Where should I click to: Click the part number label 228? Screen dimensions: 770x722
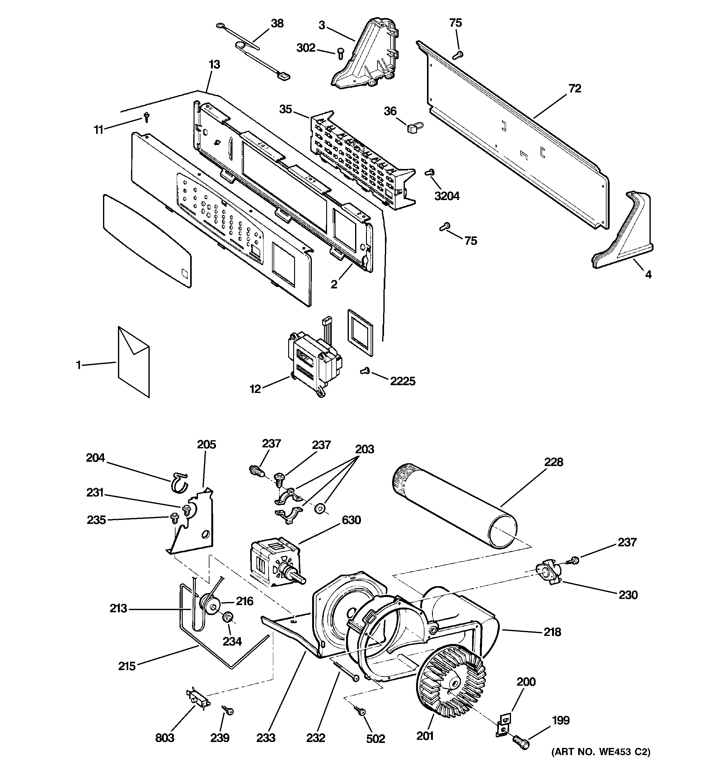[x=553, y=462]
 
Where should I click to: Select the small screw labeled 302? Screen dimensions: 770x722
[x=340, y=53]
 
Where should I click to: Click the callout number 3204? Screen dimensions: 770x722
[x=447, y=196]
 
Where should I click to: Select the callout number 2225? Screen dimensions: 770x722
[x=402, y=381]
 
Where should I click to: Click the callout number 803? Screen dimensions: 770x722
[x=165, y=738]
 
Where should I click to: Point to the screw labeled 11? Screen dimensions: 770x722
[x=147, y=117]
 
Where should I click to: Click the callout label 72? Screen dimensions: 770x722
[x=575, y=89]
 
